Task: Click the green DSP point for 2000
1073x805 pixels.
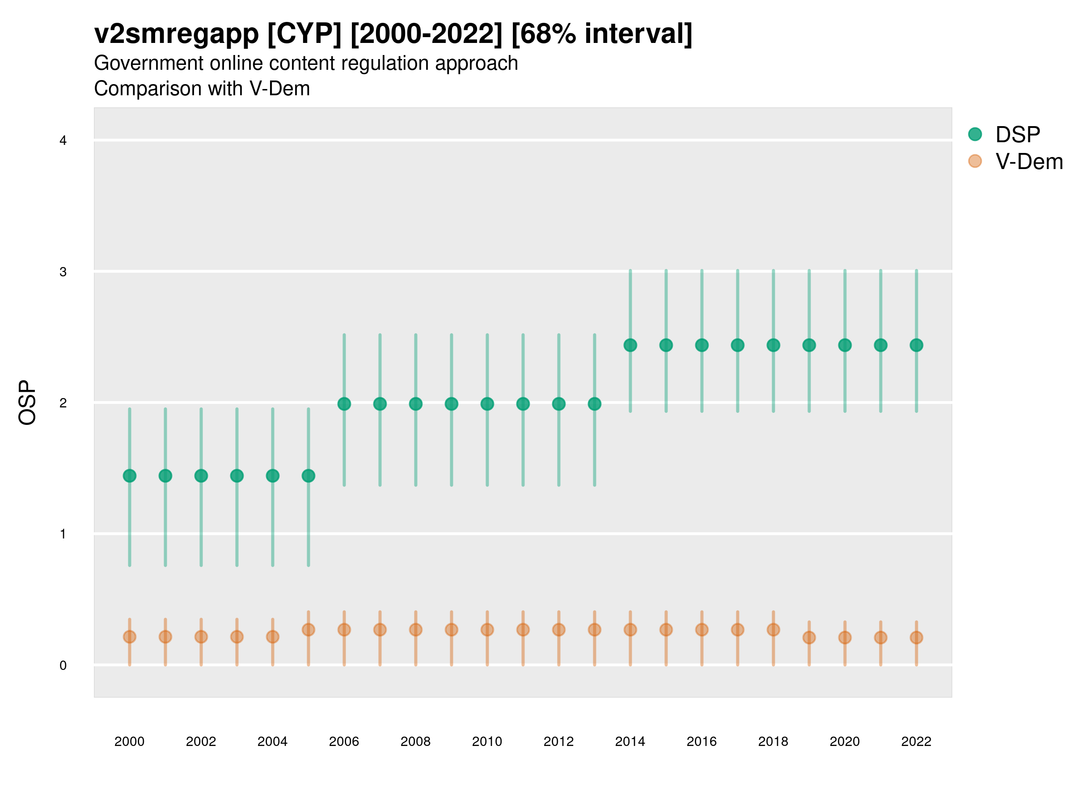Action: click(x=130, y=475)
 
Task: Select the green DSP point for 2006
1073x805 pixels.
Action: click(x=344, y=404)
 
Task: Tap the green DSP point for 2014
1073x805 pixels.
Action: click(x=630, y=345)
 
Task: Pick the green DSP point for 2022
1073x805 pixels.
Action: click(x=917, y=345)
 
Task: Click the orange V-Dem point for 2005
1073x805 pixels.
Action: click(x=308, y=629)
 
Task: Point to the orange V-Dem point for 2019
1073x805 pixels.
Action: click(x=809, y=637)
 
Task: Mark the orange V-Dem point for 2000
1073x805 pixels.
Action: click(x=130, y=637)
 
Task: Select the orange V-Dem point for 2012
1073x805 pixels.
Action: click(x=559, y=629)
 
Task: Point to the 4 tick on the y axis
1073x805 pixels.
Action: click(x=63, y=141)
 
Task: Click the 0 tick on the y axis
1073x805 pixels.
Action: click(x=63, y=665)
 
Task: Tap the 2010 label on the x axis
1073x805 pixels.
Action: click(x=487, y=741)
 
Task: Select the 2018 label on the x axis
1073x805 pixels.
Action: click(x=773, y=741)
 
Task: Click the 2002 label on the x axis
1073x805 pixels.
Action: click(x=201, y=741)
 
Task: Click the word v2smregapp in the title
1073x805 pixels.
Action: click(x=177, y=34)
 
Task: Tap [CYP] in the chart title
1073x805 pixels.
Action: click(x=304, y=34)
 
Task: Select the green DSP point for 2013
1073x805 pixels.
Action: click(x=594, y=404)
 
